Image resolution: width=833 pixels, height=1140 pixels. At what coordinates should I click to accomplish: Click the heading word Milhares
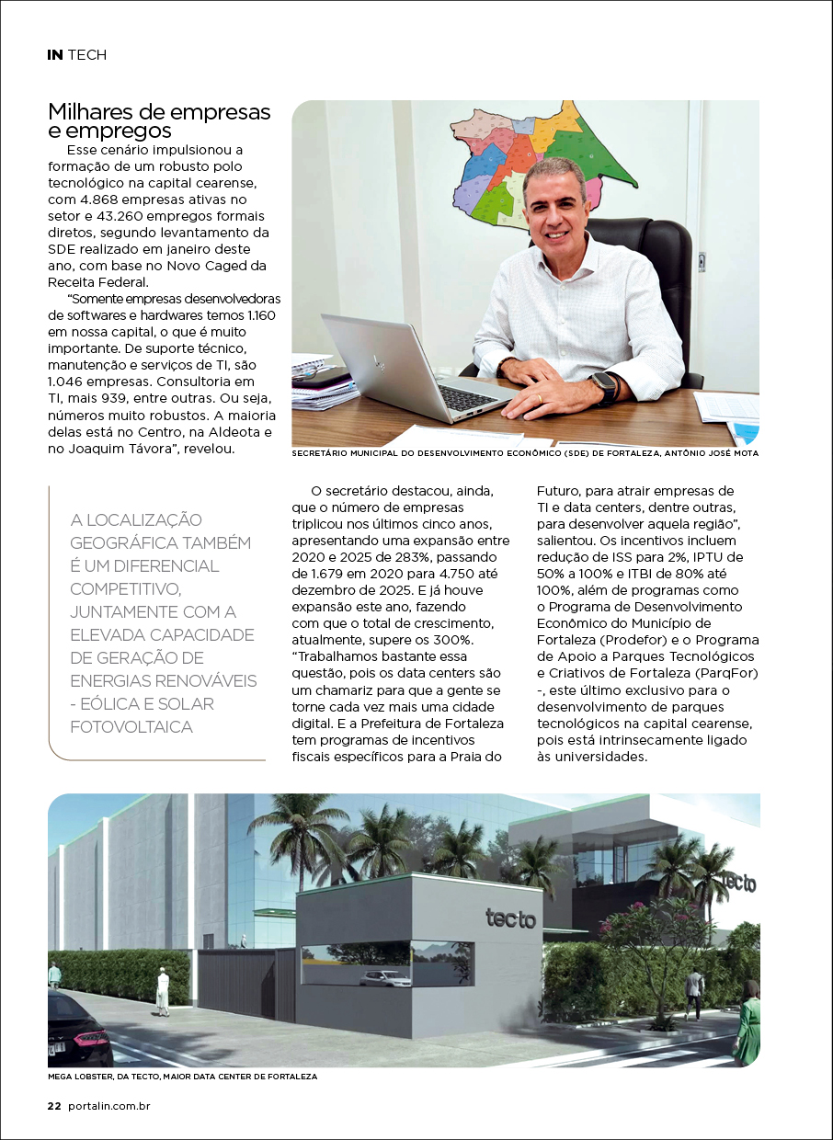pyautogui.click(x=88, y=112)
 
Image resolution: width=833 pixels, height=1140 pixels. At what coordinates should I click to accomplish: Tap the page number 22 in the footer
pyautogui.click(x=54, y=1106)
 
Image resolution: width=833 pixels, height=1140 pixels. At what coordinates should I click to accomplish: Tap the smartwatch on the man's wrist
pyautogui.click(x=604, y=387)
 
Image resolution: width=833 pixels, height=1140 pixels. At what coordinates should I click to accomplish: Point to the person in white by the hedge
pyautogui.click(x=163, y=991)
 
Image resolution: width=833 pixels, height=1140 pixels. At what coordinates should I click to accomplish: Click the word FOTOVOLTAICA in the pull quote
pyautogui.click(x=131, y=727)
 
